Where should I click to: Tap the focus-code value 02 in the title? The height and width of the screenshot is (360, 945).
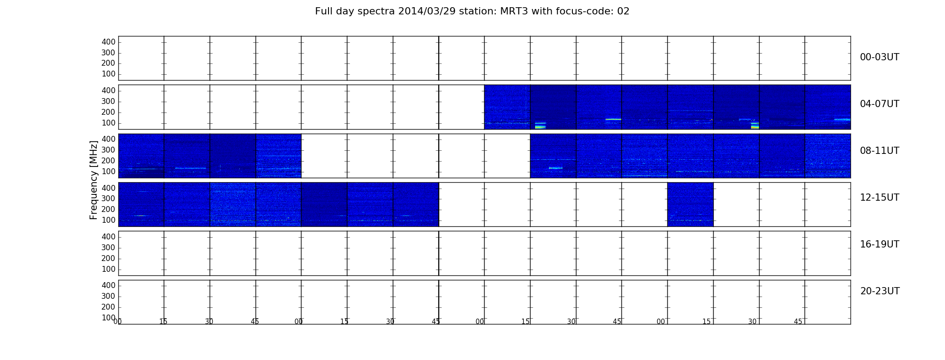623,11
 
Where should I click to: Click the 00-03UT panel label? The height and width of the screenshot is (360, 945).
879,57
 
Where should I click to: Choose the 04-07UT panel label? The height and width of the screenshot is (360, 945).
879,104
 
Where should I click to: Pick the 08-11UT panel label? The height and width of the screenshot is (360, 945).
879,151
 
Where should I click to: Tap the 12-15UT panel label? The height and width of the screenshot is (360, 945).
879,198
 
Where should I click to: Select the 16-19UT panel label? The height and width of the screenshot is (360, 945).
879,244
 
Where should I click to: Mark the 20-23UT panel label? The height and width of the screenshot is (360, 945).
880,291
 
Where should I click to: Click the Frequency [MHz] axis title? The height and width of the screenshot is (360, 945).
94,180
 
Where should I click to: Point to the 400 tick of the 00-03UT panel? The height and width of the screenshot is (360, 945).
108,42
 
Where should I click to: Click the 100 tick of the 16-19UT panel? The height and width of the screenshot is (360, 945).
108,269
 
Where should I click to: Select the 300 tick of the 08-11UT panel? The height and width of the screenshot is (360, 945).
108,150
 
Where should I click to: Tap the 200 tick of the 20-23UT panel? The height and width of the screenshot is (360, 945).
108,307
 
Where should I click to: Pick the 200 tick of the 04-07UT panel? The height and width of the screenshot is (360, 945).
108,112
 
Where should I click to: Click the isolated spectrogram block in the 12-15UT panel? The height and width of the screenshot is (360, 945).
690,204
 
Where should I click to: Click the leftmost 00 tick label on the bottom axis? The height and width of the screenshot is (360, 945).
117,322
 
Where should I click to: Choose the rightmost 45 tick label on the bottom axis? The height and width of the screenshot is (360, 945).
798,322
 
